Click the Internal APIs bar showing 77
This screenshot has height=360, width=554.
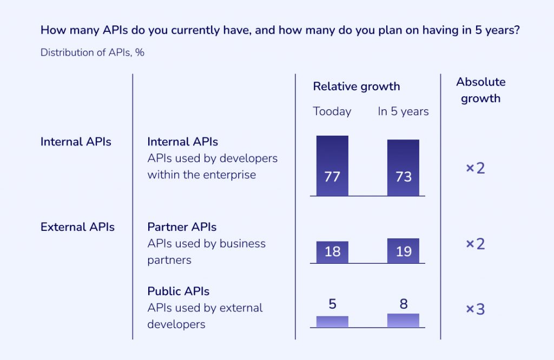pos(332,165)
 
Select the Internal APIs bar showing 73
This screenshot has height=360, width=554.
pos(403,168)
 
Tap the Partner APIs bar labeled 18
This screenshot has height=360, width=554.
pos(332,252)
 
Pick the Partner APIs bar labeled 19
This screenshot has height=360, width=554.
pos(403,251)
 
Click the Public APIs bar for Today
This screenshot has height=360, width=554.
pos(332,322)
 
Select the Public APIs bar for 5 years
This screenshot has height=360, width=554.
pos(403,321)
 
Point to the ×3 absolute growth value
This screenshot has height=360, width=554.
pos(476,310)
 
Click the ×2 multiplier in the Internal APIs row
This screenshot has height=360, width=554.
pos(476,168)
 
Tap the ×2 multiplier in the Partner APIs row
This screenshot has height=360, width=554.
pos(476,244)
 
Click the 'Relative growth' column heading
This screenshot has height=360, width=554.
pos(357,86)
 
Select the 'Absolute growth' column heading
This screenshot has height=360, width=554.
pos(480,90)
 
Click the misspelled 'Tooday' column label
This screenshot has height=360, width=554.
pos(332,111)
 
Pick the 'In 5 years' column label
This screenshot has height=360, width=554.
pos(403,111)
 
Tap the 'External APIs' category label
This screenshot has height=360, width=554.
pos(77,227)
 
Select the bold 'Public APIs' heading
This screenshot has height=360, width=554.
pos(178,291)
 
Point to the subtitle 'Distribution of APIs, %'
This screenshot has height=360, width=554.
pos(92,53)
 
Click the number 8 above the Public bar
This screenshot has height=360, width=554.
pos(403,304)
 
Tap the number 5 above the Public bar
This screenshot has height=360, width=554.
pos(332,304)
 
